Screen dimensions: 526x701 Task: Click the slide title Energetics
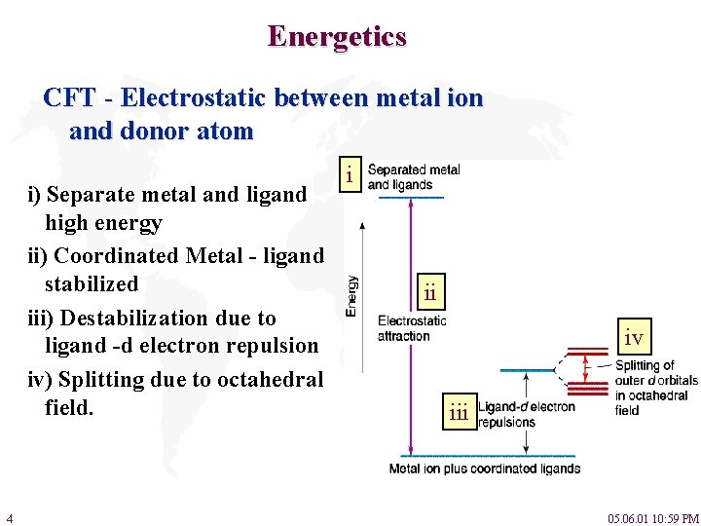[x=337, y=37]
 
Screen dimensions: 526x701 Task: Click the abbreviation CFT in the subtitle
[x=69, y=98]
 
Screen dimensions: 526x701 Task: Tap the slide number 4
[x=9, y=517]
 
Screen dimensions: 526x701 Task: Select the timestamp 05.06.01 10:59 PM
[x=653, y=518]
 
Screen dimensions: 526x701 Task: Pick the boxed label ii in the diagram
[x=430, y=291]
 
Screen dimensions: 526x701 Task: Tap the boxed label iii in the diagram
[x=460, y=412]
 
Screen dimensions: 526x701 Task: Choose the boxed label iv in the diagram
[x=633, y=338]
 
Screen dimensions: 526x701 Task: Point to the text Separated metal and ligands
[x=413, y=177]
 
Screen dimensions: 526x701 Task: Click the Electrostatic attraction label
[x=411, y=328]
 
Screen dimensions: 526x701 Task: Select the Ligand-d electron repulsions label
[x=526, y=414]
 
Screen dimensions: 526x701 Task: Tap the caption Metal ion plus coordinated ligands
[x=484, y=469]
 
